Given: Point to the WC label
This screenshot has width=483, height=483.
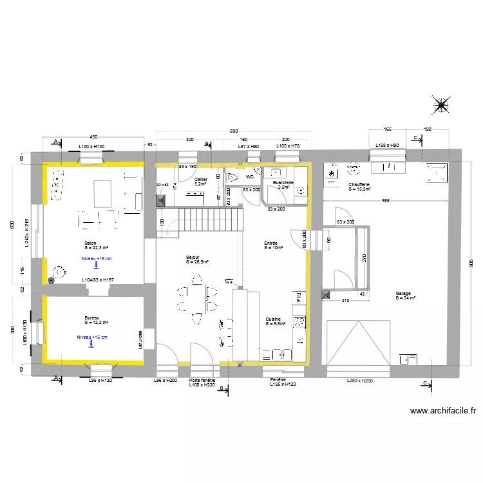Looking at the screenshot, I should pyautogui.click(x=249, y=176).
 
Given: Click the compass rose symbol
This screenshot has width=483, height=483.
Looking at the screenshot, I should pyautogui.click(x=441, y=105).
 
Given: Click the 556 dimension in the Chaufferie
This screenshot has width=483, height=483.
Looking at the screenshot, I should pyautogui.click(x=385, y=202).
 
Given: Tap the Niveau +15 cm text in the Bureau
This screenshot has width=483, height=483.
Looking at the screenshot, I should pyautogui.click(x=91, y=337).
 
